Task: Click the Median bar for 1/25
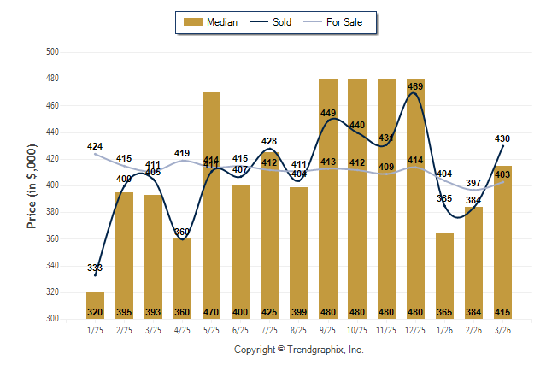pyautogui.click(x=95, y=305)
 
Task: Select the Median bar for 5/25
pyautogui.click(x=211, y=205)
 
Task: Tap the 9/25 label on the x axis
pyautogui.click(x=328, y=329)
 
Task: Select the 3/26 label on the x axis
pyautogui.click(x=503, y=329)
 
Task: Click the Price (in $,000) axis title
pyautogui.click(x=32, y=185)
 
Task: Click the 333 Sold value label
pyautogui.click(x=95, y=268)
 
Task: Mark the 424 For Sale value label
pyautogui.click(x=95, y=147)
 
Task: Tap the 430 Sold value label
pyautogui.click(x=503, y=138)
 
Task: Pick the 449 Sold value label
pyautogui.click(x=328, y=113)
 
